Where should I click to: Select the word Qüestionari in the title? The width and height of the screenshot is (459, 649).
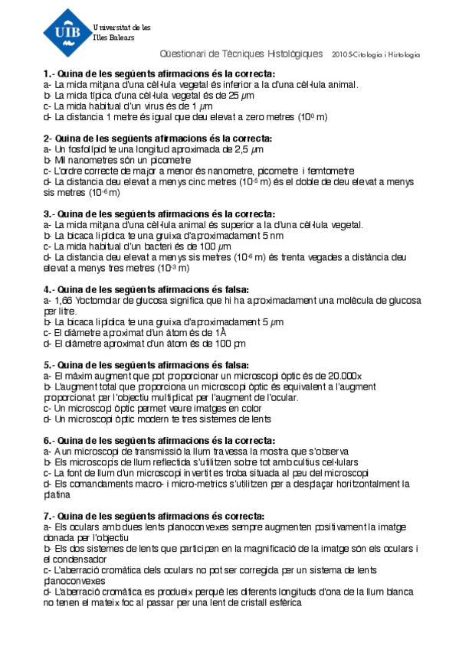180,55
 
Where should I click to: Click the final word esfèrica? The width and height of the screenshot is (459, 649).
284,602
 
